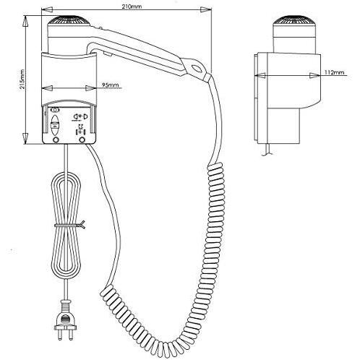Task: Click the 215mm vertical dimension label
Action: click(22, 80)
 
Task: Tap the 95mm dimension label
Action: click(111, 85)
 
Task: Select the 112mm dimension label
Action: click(335, 72)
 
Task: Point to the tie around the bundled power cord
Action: click(70, 225)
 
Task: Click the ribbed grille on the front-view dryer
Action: click(69, 20)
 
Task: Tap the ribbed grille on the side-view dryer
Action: click(294, 20)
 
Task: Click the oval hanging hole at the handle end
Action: click(196, 68)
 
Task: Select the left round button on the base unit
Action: click(56, 140)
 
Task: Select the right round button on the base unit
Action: click(82, 140)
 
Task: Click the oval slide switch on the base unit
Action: click(55, 125)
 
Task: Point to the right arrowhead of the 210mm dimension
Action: click(206, 9)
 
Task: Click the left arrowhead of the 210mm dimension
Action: click(47, 9)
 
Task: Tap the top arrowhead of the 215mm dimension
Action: click(25, 22)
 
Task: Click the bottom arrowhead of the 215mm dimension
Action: click(25, 139)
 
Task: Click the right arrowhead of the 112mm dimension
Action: click(315, 75)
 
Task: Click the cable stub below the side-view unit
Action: click(267, 150)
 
